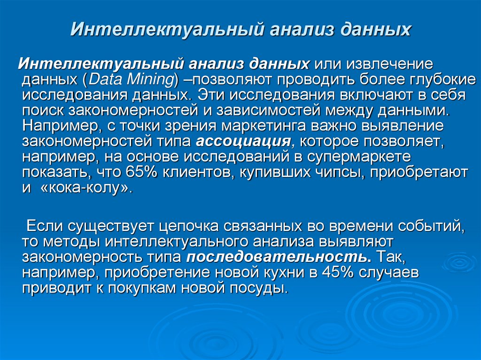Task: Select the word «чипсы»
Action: (x=339, y=172)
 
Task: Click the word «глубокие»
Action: (x=435, y=79)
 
